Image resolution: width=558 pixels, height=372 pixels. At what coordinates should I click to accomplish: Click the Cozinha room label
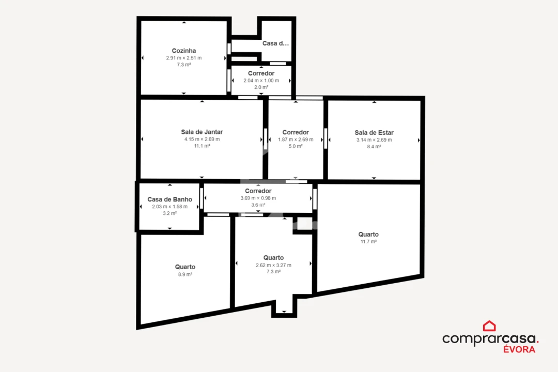[x=184, y=51]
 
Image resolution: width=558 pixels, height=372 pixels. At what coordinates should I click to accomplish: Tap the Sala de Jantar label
[x=202, y=132]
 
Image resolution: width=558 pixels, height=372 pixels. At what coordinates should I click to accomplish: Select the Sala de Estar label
[x=374, y=132]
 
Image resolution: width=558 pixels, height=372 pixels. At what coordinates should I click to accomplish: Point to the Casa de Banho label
[x=169, y=199]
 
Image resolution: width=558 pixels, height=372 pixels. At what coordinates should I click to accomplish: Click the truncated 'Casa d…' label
[x=275, y=43]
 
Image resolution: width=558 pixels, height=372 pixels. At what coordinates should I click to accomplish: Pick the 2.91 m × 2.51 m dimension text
[x=184, y=58]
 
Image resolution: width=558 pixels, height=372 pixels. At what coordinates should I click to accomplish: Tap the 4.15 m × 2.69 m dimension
[x=202, y=139]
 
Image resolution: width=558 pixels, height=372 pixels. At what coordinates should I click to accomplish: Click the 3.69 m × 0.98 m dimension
[x=258, y=198]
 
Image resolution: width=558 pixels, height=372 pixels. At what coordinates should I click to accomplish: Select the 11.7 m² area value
[x=368, y=241]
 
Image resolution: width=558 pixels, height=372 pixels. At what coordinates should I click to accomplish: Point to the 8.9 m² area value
[x=185, y=274]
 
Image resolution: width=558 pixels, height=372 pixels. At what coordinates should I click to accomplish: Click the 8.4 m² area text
[x=374, y=146]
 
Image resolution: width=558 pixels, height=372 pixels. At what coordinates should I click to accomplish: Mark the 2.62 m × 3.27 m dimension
[x=273, y=265]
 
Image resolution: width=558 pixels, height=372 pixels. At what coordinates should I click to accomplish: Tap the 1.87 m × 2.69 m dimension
[x=296, y=139]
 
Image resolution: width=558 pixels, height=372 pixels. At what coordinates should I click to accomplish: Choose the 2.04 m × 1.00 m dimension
[x=261, y=81]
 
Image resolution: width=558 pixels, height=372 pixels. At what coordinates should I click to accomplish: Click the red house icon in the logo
[x=489, y=326]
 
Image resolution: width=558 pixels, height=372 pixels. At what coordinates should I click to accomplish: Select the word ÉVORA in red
[x=519, y=349]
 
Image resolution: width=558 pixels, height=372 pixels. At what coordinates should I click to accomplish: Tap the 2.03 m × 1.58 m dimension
[x=169, y=207]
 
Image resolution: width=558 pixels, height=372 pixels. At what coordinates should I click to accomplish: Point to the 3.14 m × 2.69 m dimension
[x=374, y=139]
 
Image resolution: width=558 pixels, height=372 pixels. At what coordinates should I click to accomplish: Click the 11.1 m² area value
[x=202, y=146]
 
